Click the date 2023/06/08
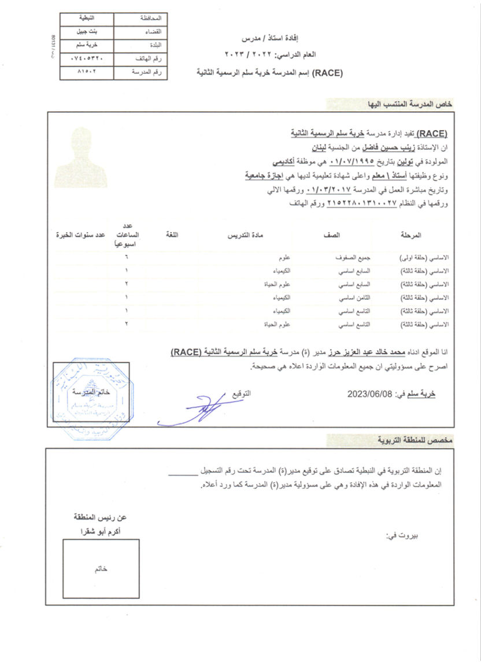tap(369, 394)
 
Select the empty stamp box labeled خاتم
tap(101, 568)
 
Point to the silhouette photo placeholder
tap(82, 154)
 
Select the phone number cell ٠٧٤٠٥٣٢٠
tap(87, 59)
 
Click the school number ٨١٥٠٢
tap(87, 73)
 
